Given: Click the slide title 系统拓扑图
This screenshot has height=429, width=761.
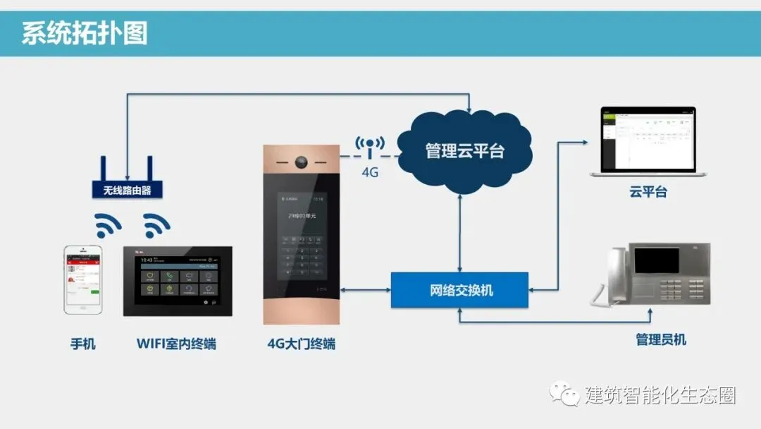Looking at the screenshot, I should pyautogui.click(x=85, y=33).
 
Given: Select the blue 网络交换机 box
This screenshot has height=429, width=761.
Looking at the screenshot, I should pyautogui.click(x=459, y=289).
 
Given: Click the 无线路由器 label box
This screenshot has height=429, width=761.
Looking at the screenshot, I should pyautogui.click(x=127, y=190).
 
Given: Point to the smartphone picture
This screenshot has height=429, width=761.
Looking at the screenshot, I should pyautogui.click(x=82, y=279).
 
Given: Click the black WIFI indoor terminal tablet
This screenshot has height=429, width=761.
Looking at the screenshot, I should pyautogui.click(x=178, y=281).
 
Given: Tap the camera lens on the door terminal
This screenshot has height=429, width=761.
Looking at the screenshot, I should pyautogui.click(x=301, y=162).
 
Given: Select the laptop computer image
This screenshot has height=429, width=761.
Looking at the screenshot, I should pyautogui.click(x=648, y=142).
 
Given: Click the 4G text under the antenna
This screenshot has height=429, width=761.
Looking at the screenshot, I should pyautogui.click(x=370, y=171).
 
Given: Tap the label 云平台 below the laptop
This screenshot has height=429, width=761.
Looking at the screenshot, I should pyautogui.click(x=648, y=192).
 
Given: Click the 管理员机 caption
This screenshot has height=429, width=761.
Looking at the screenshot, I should pyautogui.click(x=660, y=340).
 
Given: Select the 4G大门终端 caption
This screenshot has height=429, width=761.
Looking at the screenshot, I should pyautogui.click(x=301, y=344).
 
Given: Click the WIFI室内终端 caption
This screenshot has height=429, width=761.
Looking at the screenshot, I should pyautogui.click(x=176, y=344).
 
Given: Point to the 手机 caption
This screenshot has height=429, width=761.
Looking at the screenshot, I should pyautogui.click(x=82, y=344).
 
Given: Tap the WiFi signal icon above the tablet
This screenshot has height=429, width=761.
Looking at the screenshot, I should pyautogui.click(x=156, y=225).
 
